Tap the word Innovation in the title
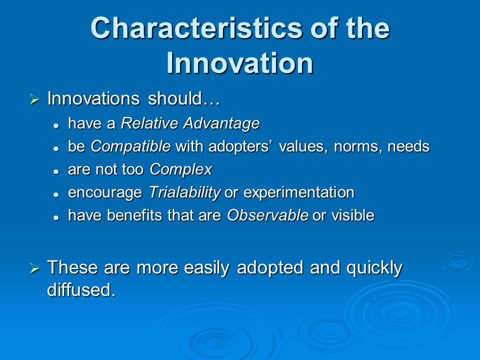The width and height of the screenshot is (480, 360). pos(240,63)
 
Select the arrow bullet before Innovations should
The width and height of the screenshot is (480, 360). pos(35,99)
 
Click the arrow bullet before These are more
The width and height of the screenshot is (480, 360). pos(35,268)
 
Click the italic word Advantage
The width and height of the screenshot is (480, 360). pos(221,124)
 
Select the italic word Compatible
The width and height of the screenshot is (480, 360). pos(130,146)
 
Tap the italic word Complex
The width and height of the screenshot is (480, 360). pos(181,169)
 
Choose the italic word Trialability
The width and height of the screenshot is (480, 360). pos(184,192)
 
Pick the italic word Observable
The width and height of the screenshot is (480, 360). pos(268,215)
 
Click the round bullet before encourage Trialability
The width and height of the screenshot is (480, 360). pos(55,194)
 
